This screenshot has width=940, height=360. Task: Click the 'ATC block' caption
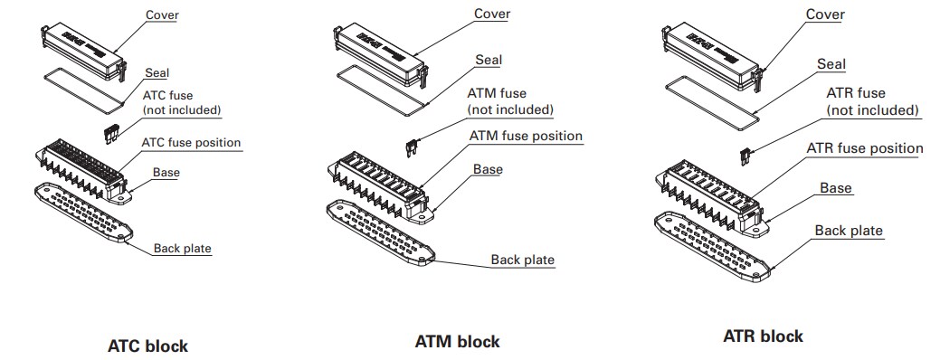[x=148, y=346]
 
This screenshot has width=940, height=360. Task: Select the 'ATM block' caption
[x=457, y=342]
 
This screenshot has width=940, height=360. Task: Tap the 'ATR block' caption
[x=763, y=336]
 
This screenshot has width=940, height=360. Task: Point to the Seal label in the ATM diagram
[x=489, y=60]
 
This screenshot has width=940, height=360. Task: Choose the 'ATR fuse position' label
[x=863, y=148]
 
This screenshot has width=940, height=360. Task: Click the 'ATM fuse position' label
[x=525, y=136]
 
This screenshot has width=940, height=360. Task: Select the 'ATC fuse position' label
[x=191, y=142]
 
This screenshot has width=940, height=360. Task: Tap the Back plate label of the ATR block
[x=848, y=231]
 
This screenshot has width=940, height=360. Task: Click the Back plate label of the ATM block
[x=522, y=260]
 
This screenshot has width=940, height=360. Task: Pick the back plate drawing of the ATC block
[x=81, y=213]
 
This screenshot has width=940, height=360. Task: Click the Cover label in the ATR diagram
[x=824, y=14]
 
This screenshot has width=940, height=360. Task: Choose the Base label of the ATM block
[x=488, y=168]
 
